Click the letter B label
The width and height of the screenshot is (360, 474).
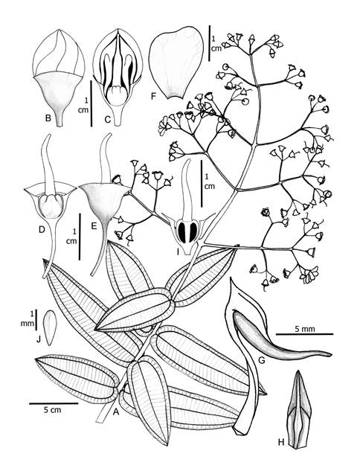click(48, 118)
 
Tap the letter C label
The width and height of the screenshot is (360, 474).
click(108, 119)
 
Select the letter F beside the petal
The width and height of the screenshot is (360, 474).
click(153, 96)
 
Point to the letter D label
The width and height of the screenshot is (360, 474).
click(42, 230)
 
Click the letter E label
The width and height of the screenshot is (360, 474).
click(94, 225)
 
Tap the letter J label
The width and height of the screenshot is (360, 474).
click(39, 340)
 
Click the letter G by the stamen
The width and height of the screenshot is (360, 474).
click(262, 360)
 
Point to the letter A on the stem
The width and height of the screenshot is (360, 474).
click(115, 411)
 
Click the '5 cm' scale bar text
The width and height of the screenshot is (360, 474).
click(53, 410)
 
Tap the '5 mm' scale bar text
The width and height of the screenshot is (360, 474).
click(305, 328)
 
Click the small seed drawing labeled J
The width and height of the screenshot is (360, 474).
click(48, 328)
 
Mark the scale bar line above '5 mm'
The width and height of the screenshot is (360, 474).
click(304, 334)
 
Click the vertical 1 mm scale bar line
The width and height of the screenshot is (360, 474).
click(36, 319)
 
